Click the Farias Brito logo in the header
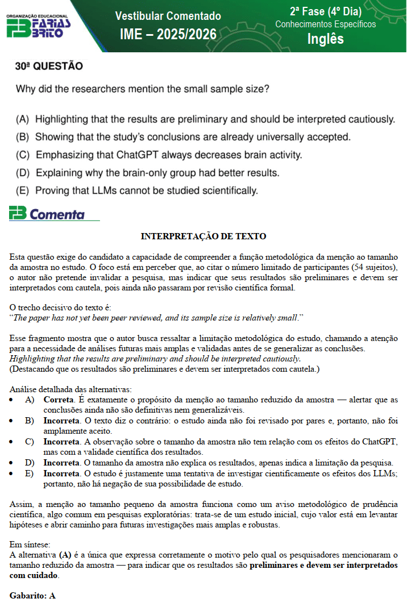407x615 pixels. [39, 27]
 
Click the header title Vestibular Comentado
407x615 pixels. [168, 16]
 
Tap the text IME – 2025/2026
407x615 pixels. [168, 35]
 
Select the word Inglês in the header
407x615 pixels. [325, 39]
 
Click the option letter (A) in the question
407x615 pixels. [23, 119]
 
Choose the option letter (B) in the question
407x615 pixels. [23, 137]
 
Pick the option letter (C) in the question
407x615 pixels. [23, 155]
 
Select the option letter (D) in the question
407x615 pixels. [23, 172]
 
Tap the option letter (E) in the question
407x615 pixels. [23, 190]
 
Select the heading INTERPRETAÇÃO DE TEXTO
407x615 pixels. [204, 236]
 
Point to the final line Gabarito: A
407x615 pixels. [32, 596]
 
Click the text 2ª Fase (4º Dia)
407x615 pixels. [325, 11]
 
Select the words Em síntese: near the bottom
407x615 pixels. [30, 544]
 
